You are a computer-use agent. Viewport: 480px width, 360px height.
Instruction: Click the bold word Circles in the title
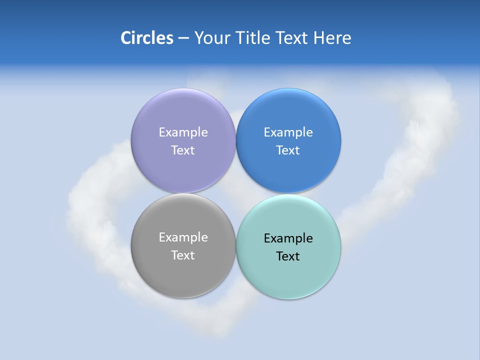point(147,37)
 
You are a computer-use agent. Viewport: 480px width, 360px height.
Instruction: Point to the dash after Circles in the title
point(183,38)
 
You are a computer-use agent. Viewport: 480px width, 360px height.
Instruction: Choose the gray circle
point(183,275)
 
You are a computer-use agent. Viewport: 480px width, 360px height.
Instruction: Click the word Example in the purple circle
point(183,132)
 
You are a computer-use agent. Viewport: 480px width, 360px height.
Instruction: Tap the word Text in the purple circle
point(183,150)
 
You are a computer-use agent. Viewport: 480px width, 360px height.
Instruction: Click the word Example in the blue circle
point(288,132)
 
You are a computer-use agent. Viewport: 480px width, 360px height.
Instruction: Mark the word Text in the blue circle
point(288,150)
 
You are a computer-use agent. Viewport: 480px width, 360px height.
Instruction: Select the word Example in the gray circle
point(183,237)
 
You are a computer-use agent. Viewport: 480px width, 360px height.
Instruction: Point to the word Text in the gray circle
point(183,255)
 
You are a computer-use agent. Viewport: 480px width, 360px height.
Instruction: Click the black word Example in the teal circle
point(288,238)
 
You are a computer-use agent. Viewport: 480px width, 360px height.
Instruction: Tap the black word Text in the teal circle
point(288,256)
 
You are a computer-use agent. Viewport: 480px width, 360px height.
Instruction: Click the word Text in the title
point(293,37)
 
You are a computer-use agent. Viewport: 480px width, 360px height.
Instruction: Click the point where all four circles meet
point(236,193)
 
